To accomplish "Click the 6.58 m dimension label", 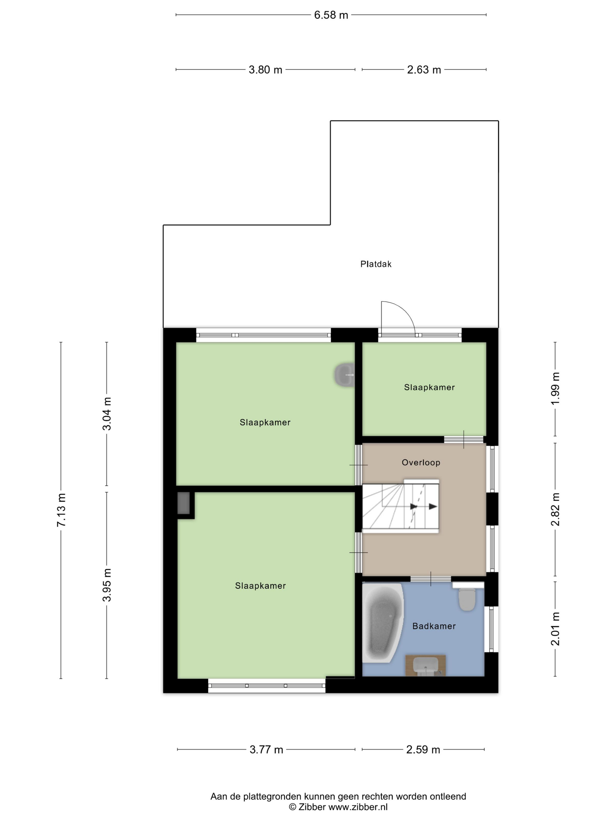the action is [x=331, y=15].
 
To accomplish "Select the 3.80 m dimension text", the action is [x=265, y=69].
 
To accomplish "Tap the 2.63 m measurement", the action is [x=424, y=69].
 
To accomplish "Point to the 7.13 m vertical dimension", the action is [x=61, y=510].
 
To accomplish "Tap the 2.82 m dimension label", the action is [x=555, y=509].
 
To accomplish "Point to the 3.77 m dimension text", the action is [x=266, y=749].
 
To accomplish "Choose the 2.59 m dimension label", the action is [x=423, y=749].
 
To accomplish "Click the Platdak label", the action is [x=376, y=264].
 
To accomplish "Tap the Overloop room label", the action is [x=421, y=462].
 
